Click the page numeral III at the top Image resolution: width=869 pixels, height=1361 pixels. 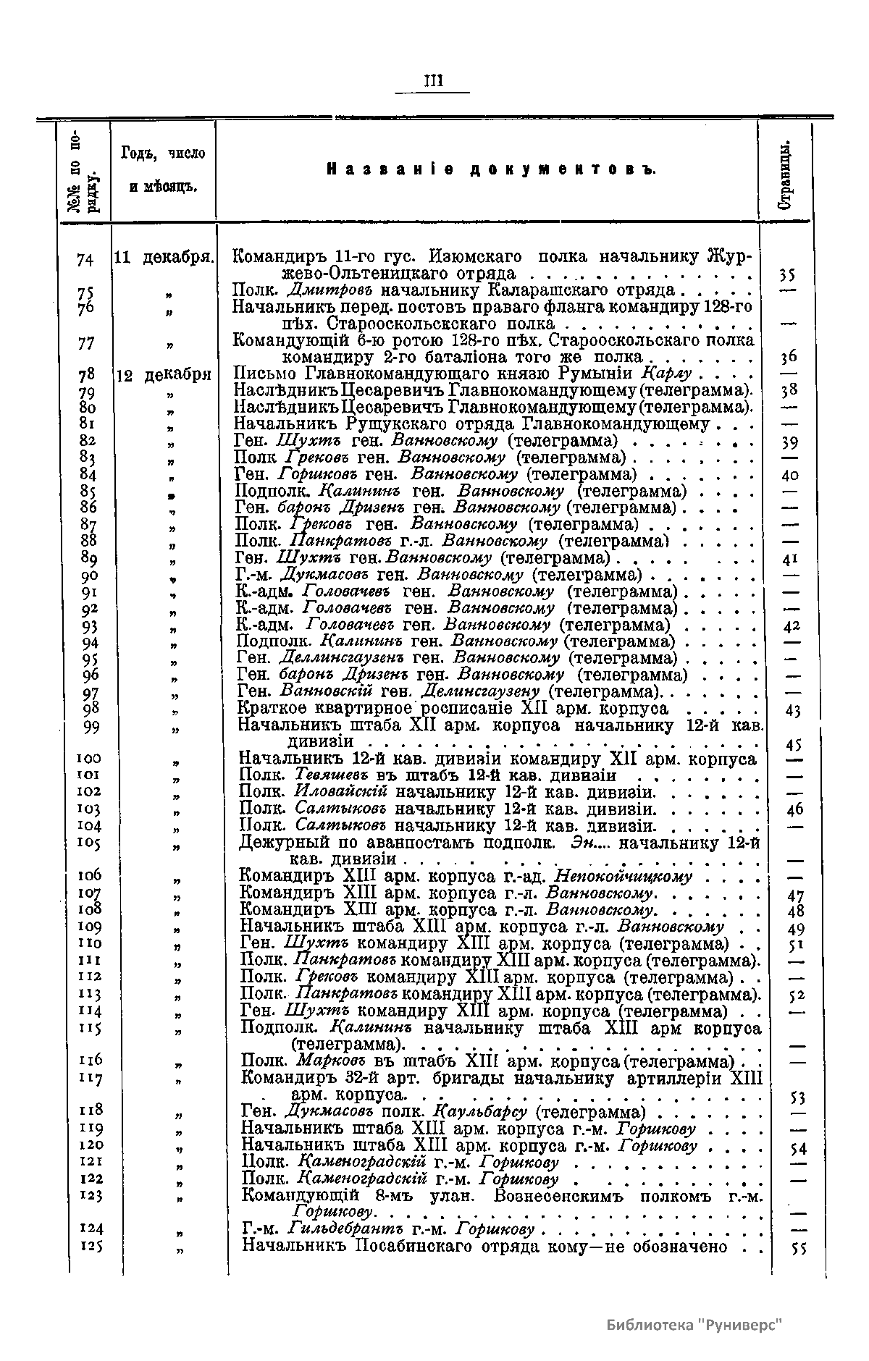432,80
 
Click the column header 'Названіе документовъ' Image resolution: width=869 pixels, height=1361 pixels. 492,169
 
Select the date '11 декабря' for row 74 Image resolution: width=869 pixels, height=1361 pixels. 163,257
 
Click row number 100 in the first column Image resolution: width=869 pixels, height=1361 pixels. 89,759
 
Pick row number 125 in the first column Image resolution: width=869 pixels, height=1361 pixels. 89,1246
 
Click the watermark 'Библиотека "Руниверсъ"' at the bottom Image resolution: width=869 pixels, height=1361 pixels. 695,1323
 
